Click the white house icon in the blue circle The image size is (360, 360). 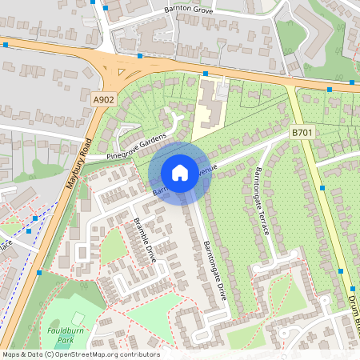click(x=180, y=172)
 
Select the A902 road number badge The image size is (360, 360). click(x=103, y=99)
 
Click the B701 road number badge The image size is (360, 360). click(x=302, y=132)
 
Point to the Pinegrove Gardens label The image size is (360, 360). click(x=140, y=146)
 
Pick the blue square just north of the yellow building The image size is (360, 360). click(x=205, y=74)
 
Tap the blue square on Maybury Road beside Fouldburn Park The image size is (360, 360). click(x=38, y=273)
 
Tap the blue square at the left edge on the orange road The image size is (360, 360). click(x=6, y=46)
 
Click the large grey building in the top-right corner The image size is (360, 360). click(x=316, y=24)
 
